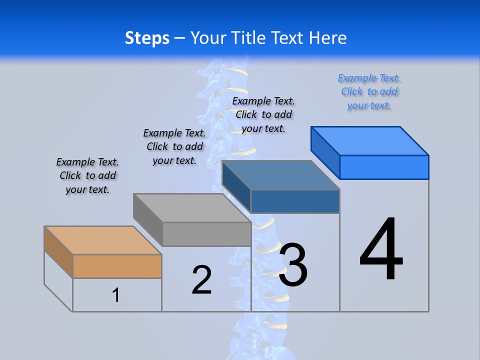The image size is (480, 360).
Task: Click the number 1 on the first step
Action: click(116, 295)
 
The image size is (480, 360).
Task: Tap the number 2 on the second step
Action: click(202, 280)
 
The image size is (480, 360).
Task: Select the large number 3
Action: click(293, 265)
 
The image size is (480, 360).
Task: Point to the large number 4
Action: click(381, 250)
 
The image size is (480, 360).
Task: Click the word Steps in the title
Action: click(147, 38)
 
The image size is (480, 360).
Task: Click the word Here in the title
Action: click(328, 38)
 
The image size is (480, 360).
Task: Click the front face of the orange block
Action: click(117, 266)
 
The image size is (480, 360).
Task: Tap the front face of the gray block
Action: click(206, 234)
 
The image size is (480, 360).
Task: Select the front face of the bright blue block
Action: click(384, 167)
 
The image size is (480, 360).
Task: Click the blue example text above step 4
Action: click(369, 92)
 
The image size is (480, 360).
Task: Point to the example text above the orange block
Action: click(87, 175)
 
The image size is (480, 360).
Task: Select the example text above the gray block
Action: click(174, 146)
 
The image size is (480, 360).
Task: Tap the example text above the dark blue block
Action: click(263, 114)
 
